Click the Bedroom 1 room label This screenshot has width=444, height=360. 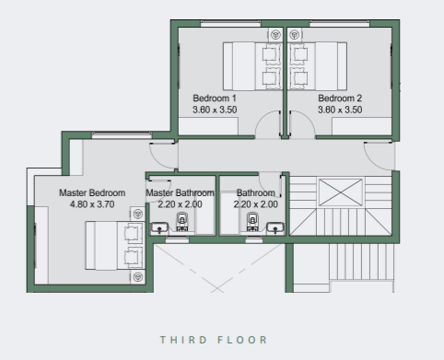tap(215, 99)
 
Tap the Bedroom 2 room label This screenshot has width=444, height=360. tap(340, 99)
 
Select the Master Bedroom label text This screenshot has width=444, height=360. tap(92, 192)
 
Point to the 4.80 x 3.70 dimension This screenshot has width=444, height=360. tap(92, 204)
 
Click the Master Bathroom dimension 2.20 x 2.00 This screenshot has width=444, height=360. tap(180, 204)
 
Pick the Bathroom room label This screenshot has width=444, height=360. tap(256, 192)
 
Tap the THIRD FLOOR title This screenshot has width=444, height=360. tap(214, 340)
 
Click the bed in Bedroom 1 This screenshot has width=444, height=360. tap(252, 66)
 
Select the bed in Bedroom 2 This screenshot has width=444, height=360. tap(318, 66)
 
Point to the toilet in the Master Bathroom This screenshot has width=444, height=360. tap(182, 222)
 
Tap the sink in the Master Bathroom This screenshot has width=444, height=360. tap(159, 227)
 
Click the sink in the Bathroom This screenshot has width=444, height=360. tap(275, 227)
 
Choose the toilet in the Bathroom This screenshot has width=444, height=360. tap(252, 222)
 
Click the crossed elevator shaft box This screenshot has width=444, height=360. tap(341, 192)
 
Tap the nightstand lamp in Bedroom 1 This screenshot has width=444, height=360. tap(275, 34)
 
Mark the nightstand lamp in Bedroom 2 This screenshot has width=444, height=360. tap(295, 34)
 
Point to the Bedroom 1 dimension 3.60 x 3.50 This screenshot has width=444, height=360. tap(215, 110)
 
